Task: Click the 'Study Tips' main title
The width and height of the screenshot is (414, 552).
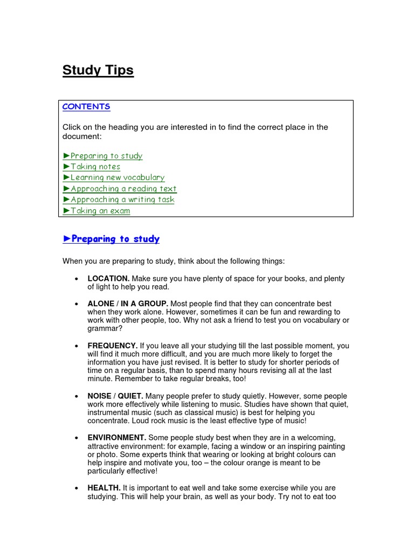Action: pos(98,71)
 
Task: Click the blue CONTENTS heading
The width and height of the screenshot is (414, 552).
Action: pos(86,107)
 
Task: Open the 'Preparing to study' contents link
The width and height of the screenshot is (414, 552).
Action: pos(106,156)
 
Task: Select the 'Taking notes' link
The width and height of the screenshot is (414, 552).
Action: pos(95,167)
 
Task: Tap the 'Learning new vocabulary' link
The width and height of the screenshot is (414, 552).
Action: pos(117,177)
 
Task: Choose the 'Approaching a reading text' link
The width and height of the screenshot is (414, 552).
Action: pos(123,189)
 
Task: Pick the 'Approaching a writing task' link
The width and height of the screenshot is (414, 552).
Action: pos(122,199)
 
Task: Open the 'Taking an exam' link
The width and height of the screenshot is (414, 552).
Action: pos(100,211)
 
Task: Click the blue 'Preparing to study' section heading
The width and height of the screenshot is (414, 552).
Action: pos(115,239)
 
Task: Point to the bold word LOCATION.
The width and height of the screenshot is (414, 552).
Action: pos(108,279)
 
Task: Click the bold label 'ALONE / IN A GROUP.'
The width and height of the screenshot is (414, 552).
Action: pos(128,304)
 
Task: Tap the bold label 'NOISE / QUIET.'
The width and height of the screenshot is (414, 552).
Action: pos(115,396)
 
